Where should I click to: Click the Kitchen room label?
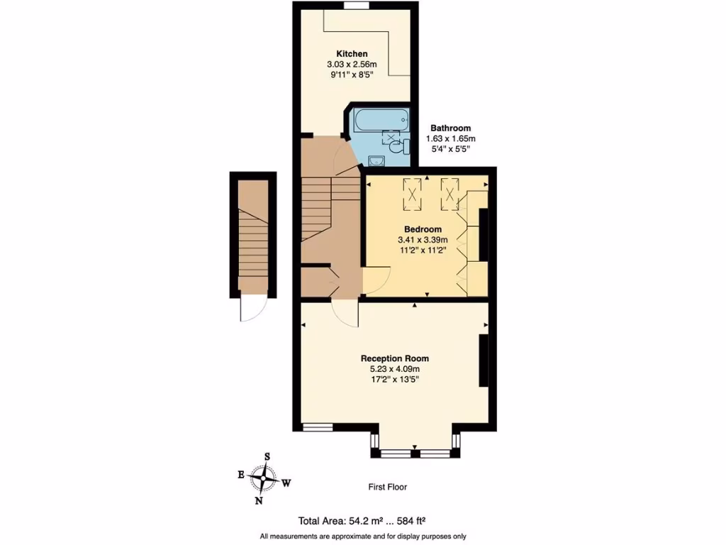pos(352,54)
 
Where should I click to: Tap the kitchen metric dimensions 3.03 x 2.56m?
pos(352,65)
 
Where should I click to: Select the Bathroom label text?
pos(450,128)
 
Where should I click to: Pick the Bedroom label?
pos(423,229)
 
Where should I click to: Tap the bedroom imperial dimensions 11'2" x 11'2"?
pos(423,251)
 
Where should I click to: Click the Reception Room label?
pos(395,358)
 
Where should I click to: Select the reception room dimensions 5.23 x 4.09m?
pos(395,369)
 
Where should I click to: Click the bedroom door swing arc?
pos(378,280)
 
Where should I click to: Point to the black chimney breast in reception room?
pos(484,360)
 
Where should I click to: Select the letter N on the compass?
pos(259,500)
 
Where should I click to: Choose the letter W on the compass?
pos(287,483)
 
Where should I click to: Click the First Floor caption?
pos(387,487)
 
